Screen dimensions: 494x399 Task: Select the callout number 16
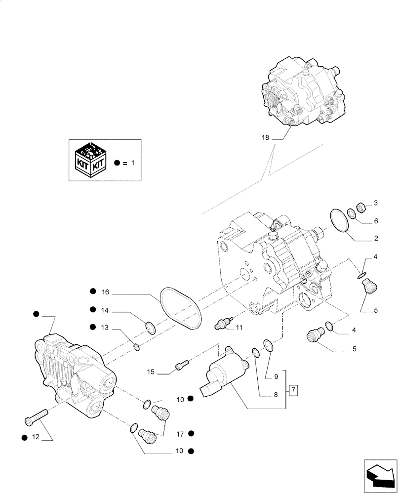coord(105,292)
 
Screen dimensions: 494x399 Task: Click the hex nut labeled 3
coord(361,207)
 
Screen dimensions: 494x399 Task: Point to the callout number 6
coord(375,221)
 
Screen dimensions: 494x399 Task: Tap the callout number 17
coord(180,434)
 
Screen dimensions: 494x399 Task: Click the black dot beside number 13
coord(92,328)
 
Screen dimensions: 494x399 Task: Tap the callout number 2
coord(375,239)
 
